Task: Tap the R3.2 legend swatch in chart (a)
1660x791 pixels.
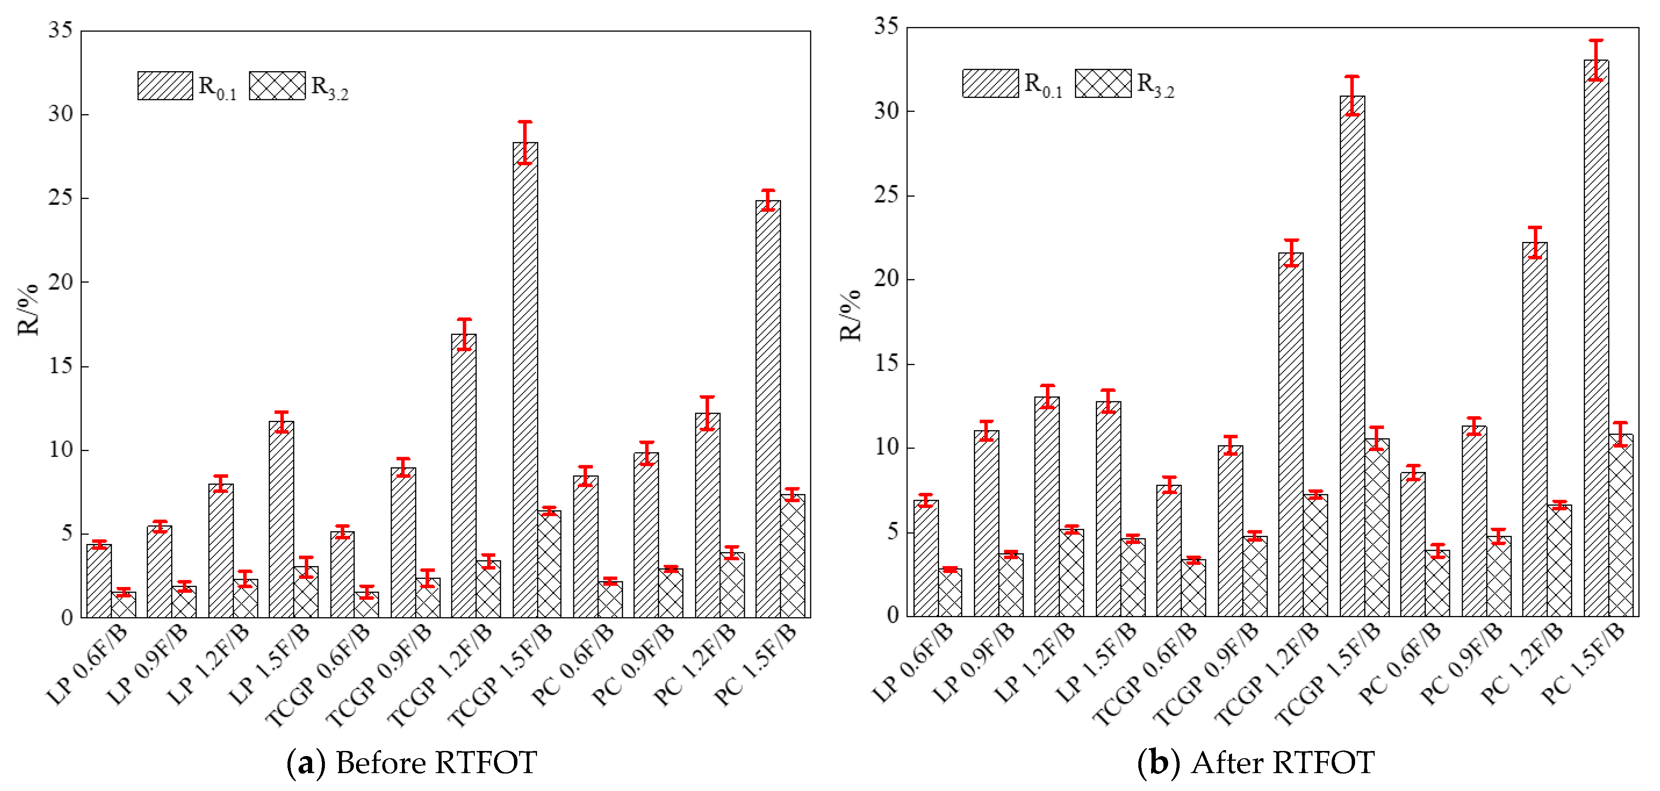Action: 277,86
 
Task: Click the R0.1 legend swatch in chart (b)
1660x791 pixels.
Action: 991,83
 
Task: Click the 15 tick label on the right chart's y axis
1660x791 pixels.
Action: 886,364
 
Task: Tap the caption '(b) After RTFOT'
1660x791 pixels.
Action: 1255,762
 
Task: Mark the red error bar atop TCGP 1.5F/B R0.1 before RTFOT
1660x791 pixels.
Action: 525,142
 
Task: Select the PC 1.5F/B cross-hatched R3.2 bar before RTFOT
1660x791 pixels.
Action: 793,556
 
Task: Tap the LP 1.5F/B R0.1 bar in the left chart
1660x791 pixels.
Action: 281,520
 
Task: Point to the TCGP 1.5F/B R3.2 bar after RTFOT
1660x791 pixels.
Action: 1376,527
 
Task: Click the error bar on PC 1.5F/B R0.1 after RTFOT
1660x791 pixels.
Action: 1596,60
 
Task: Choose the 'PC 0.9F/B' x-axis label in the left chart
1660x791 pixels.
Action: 633,664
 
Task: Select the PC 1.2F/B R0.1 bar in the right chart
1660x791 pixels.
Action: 1535,429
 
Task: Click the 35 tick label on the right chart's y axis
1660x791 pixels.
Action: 886,26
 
